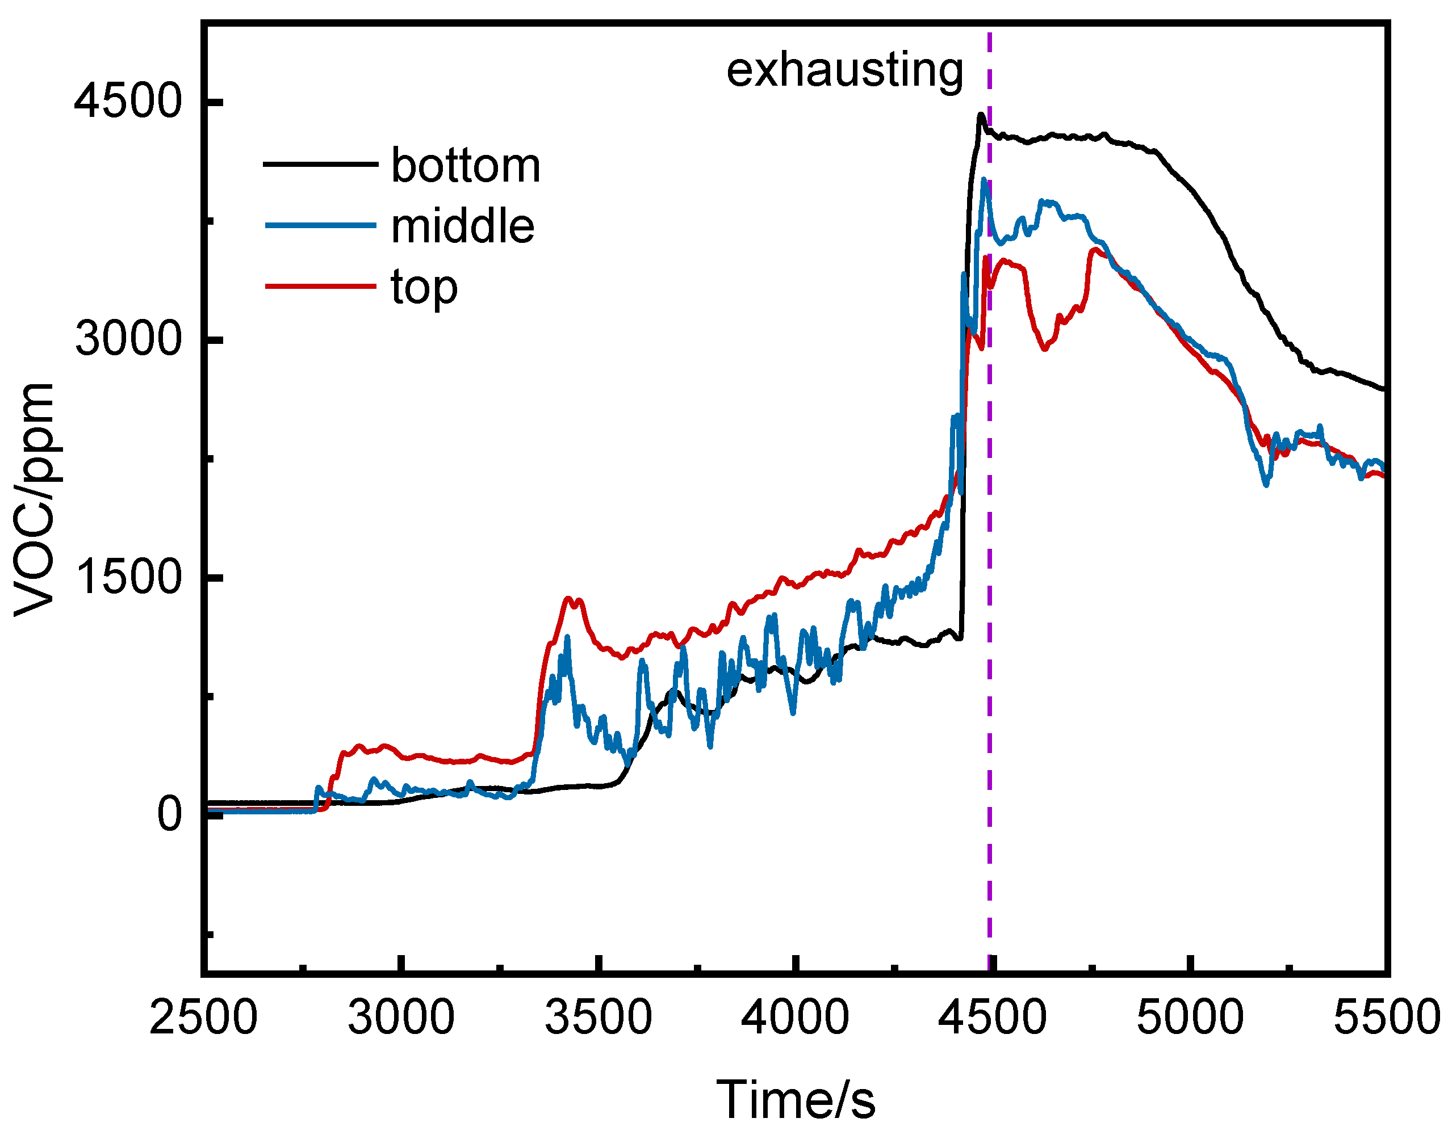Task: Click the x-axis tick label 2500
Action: pyautogui.click(x=203, y=1017)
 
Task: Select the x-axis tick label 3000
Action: pyautogui.click(x=401, y=1017)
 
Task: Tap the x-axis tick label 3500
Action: pyautogui.click(x=599, y=1017)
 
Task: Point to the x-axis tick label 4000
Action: pyautogui.click(x=795, y=1017)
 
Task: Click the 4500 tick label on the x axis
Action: pyautogui.click(x=992, y=1017)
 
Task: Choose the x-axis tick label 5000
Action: pyautogui.click(x=1190, y=1017)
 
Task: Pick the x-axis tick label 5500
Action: pyautogui.click(x=1386, y=1017)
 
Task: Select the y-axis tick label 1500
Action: pyautogui.click(x=128, y=576)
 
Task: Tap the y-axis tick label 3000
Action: pyautogui.click(x=128, y=339)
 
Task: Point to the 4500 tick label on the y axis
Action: pyautogui.click(x=128, y=102)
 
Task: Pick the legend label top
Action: pyautogui.click(x=424, y=288)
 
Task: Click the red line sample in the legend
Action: pyautogui.click(x=320, y=287)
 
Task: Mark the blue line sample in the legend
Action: pyautogui.click(x=320, y=225)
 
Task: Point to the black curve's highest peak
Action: pyautogui.click(x=981, y=115)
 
